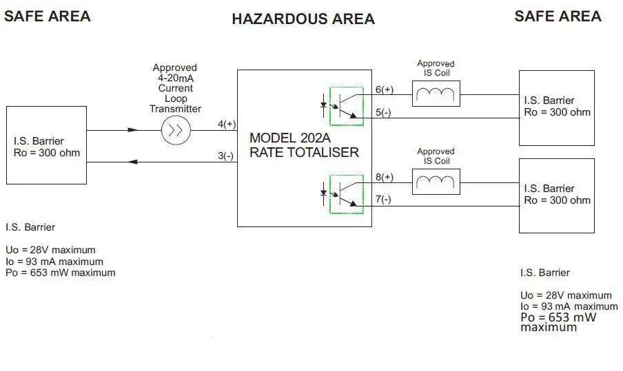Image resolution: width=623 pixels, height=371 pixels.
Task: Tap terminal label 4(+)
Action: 226,124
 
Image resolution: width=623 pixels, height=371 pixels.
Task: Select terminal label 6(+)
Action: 383,89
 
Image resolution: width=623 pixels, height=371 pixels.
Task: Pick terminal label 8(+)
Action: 383,177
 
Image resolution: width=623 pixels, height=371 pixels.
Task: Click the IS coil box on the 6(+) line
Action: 436,94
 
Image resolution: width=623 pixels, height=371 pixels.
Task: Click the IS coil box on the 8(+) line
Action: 436,182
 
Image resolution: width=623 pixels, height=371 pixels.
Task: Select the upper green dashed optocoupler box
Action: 346,105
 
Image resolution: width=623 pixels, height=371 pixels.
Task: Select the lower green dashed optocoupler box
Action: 346,193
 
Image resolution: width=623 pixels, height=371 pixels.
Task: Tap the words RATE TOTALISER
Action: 304,152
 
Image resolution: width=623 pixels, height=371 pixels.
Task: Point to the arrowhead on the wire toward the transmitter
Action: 133,130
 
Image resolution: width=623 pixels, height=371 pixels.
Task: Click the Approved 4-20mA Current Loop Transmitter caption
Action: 175,88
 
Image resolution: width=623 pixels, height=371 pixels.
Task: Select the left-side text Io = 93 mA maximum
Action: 54,262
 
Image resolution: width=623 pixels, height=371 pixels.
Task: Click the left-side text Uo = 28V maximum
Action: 50,250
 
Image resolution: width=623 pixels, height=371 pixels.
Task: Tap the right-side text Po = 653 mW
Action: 558,317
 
